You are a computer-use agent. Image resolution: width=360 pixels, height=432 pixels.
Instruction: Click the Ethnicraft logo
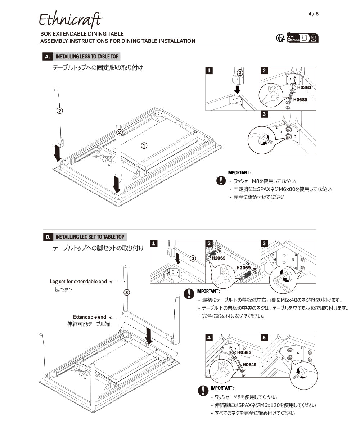coord(70,19)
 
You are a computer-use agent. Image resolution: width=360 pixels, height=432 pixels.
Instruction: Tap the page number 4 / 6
coord(314,14)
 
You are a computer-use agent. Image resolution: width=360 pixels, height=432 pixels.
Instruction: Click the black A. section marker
coord(48,57)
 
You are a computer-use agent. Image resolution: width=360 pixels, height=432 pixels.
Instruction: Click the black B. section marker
coord(48,237)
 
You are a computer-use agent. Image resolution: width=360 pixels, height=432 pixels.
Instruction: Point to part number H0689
coord(300,100)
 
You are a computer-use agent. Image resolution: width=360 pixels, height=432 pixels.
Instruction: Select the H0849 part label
coord(249,365)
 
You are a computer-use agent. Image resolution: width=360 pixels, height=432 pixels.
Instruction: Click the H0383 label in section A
coord(304,87)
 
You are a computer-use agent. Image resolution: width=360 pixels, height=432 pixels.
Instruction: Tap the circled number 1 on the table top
coord(144,145)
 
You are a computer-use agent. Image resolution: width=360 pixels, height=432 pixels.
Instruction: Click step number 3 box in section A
coord(264,114)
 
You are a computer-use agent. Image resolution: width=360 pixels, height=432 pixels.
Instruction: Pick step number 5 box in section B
coord(264,338)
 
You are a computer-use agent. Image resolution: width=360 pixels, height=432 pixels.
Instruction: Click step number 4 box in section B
coord(209,338)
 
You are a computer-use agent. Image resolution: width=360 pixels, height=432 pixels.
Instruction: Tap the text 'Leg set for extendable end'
coord(78,281)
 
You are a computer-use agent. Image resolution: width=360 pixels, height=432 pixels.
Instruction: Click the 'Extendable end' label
coord(90,317)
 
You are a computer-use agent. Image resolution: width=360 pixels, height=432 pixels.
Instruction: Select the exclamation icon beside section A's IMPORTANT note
coord(221,181)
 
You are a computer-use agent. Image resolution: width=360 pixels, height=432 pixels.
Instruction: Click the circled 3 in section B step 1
coord(193,258)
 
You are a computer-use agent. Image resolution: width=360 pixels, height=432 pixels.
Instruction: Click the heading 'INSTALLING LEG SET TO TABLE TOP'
coord(90,237)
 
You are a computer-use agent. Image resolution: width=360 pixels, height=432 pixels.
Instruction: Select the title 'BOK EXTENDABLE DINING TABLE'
coord(82,34)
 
